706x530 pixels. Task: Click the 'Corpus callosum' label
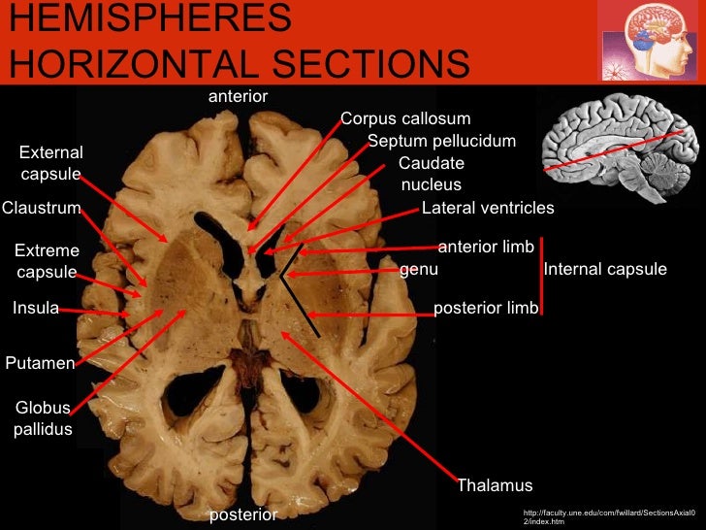coord(405,119)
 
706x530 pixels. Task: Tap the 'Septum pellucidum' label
coord(442,142)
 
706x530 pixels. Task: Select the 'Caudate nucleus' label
coord(432,174)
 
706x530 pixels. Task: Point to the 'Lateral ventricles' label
coord(488,208)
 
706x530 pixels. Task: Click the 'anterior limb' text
coord(486,248)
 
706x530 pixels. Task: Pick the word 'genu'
coord(419,270)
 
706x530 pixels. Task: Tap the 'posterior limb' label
coord(485,309)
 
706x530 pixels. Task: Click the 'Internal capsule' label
coord(605,269)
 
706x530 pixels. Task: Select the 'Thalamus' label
coord(495,485)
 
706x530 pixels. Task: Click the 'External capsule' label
coord(51,163)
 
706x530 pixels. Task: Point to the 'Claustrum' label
coord(41,208)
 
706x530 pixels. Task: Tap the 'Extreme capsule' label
coord(48,262)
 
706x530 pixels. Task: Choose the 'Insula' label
coord(35,309)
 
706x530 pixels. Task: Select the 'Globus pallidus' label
coord(43,418)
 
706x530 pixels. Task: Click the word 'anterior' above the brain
coord(239,97)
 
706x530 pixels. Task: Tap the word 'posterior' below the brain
coord(243,513)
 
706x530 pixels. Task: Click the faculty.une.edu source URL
coord(607,516)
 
